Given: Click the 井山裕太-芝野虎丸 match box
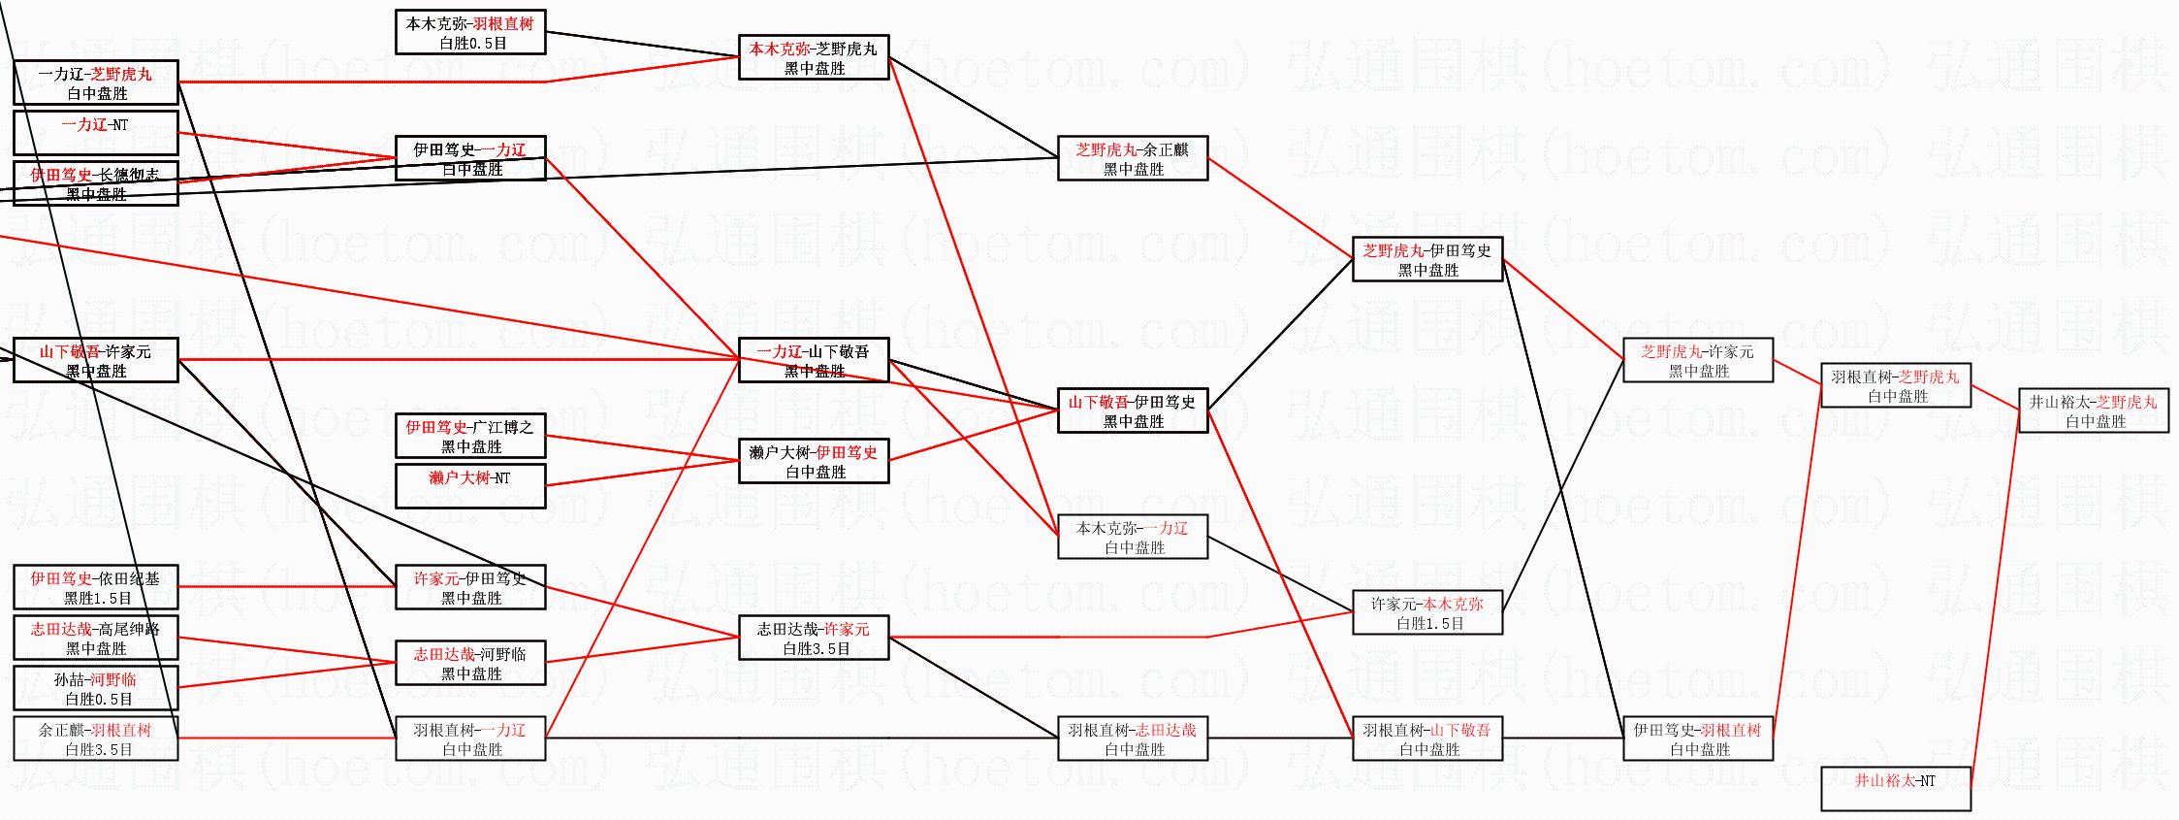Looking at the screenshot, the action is point(2093,410).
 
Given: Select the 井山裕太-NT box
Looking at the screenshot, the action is point(1896,788).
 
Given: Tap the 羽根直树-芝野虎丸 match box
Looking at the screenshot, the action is point(1896,385).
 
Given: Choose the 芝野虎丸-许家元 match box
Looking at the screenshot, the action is point(1698,360).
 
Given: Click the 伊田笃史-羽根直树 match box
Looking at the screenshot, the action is point(1698,738).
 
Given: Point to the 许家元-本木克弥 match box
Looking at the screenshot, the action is point(1427,612).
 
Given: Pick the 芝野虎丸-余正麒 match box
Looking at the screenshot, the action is point(1133,158).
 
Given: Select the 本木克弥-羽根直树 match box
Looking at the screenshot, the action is point(470,32).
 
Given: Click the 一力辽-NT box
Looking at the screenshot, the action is point(95,133).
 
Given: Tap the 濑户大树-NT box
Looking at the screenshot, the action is point(470,486).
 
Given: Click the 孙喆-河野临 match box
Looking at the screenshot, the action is point(95,688).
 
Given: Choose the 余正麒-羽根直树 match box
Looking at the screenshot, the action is point(95,738).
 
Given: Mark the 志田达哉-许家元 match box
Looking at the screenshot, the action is point(814,638).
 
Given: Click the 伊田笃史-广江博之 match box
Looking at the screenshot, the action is point(470,436).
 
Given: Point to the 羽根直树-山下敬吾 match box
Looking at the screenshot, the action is point(1427,738).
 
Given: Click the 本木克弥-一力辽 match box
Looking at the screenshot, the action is point(1133,537).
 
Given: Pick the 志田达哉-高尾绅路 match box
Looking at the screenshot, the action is point(95,638).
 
